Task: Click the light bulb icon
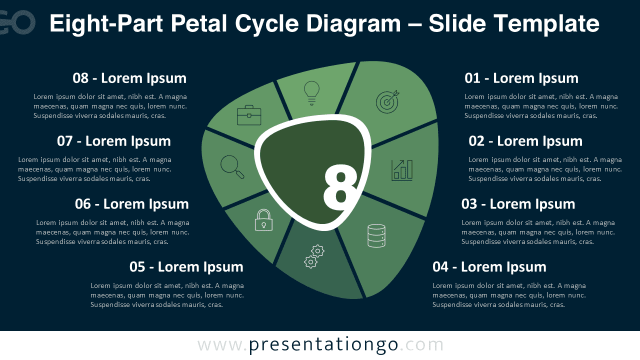311,92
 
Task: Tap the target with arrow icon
387,101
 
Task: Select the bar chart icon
402,170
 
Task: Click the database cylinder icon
376,235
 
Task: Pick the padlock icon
263,220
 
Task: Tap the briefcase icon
248,115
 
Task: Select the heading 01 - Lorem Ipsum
521,78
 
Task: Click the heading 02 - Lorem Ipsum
525,141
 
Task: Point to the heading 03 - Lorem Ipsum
518,204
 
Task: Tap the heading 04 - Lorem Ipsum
489,267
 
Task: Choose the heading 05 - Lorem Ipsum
186,267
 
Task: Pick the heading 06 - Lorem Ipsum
131,204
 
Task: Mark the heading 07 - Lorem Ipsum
113,141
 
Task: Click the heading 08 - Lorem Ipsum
129,78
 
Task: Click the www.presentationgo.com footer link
320,345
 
